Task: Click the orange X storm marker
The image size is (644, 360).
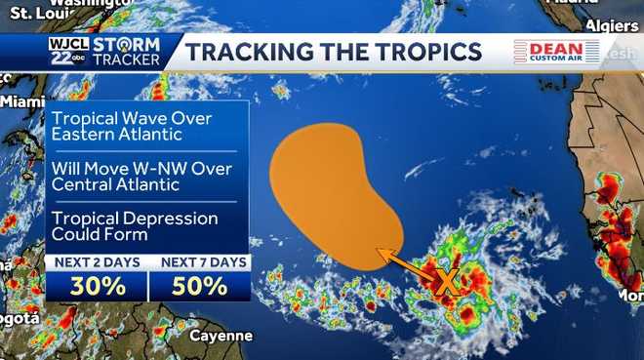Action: [x=446, y=283]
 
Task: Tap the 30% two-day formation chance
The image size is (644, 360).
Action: [x=97, y=287]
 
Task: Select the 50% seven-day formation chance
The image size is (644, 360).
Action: [x=200, y=287]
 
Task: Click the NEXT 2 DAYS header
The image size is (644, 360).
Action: [x=97, y=262]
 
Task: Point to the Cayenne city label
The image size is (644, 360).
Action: [x=221, y=336]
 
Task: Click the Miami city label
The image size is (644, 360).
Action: [x=21, y=100]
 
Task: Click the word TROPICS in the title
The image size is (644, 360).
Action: [x=423, y=52]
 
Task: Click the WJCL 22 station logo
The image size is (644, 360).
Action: [x=66, y=52]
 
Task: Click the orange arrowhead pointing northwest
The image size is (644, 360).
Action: [x=383, y=256]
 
